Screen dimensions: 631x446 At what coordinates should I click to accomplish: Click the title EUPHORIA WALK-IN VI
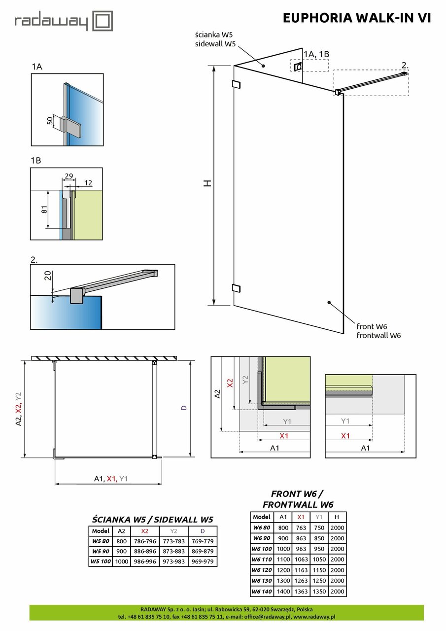(357, 18)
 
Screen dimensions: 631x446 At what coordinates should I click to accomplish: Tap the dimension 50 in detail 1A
(51, 121)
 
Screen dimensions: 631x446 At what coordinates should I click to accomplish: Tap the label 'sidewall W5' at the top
(215, 44)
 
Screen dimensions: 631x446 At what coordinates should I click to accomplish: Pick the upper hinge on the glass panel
(236, 84)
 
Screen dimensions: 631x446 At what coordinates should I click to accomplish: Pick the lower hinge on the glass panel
(236, 288)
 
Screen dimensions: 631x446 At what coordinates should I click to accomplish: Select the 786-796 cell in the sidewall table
(144, 541)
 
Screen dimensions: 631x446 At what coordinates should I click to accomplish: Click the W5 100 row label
(101, 561)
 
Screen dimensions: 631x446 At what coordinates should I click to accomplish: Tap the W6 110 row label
(262, 560)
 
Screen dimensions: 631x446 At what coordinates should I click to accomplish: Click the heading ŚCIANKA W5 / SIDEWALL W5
(153, 519)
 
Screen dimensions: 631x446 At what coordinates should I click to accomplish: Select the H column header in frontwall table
(337, 517)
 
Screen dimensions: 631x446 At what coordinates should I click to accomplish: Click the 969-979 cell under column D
(203, 561)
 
